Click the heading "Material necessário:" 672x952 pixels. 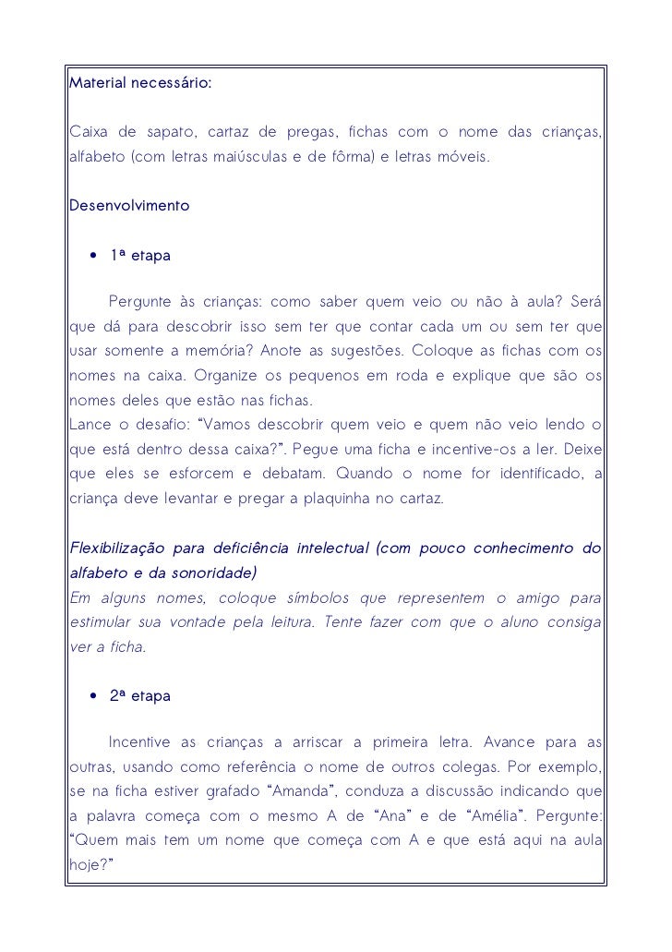tap(140, 84)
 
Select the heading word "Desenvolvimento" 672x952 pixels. tap(129, 205)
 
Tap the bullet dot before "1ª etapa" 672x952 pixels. tap(93, 255)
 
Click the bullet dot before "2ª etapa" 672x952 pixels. tap(93, 696)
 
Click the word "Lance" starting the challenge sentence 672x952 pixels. tap(90, 425)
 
